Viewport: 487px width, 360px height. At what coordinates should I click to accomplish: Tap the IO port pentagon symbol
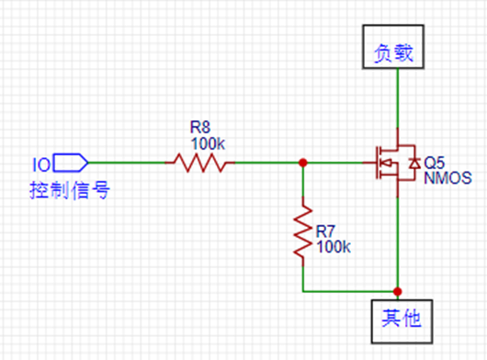(70, 163)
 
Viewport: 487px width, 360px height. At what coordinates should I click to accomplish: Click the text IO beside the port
(41, 164)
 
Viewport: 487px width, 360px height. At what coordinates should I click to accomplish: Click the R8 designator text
(200, 127)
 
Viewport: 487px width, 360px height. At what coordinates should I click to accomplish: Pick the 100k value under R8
(208, 143)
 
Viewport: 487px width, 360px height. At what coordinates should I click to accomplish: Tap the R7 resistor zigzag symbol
(302, 233)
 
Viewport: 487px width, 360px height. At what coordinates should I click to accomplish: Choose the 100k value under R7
(333, 247)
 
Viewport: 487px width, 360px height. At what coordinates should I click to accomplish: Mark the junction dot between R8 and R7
(302, 163)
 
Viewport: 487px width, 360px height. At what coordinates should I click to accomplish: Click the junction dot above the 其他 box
(397, 289)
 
